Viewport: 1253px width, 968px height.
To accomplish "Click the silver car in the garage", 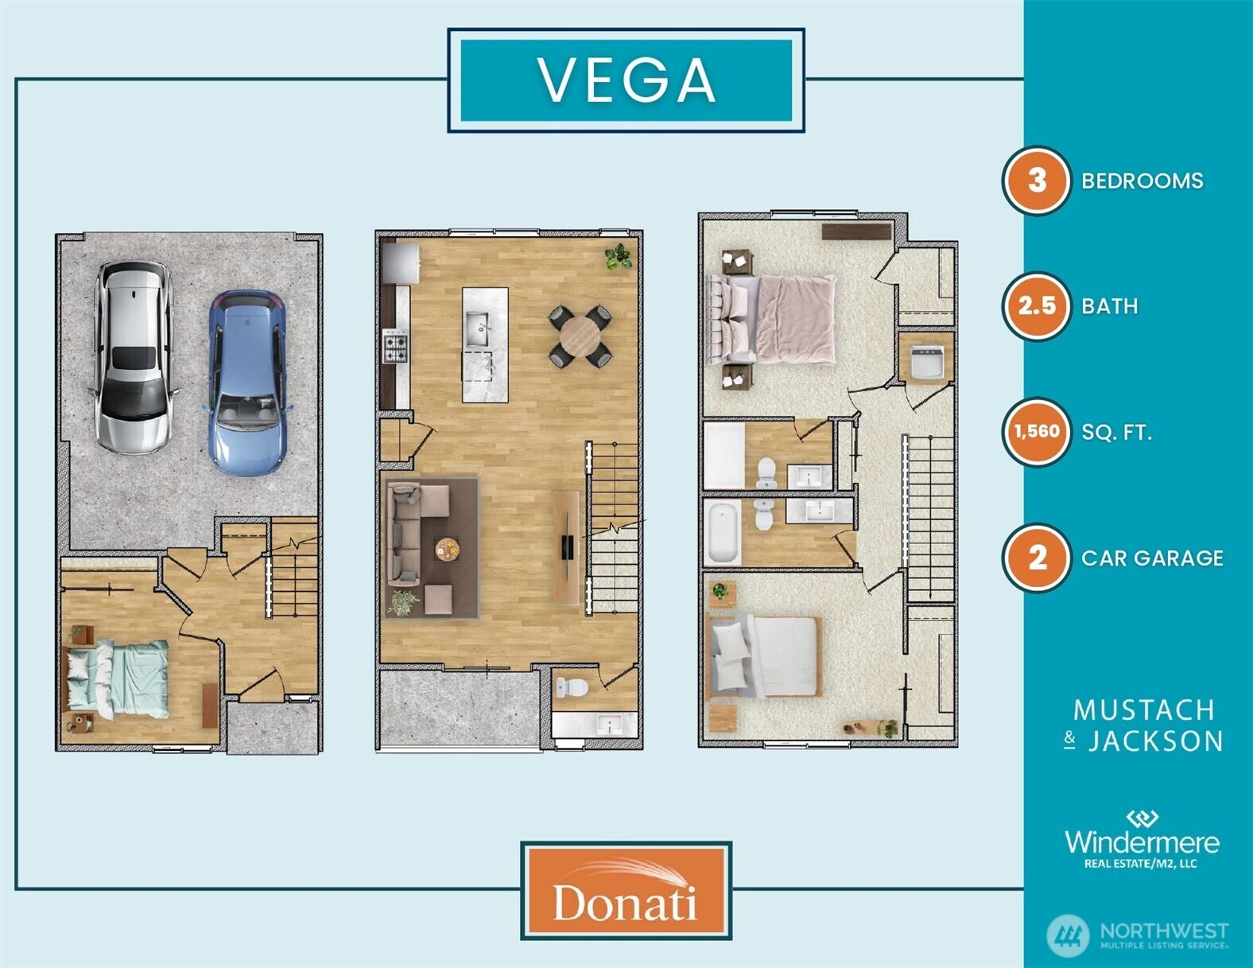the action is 134,356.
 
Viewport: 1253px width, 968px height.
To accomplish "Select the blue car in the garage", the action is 248,383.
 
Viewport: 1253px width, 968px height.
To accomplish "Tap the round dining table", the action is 580,336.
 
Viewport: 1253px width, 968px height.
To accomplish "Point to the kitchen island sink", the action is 478,328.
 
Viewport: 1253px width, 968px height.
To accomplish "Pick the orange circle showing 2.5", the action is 1036,306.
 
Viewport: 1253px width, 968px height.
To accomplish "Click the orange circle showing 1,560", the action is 1036,432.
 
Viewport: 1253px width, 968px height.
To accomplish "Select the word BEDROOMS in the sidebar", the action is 1142,181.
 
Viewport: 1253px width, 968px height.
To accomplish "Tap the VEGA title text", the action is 626,80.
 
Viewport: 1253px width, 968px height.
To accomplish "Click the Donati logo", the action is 626,890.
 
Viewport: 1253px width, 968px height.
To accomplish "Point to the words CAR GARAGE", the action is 1152,558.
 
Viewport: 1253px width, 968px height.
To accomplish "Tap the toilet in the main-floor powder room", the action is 572,687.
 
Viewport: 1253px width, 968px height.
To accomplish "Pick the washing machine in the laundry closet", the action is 925,362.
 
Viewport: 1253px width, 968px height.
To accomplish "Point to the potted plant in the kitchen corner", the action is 618,256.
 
